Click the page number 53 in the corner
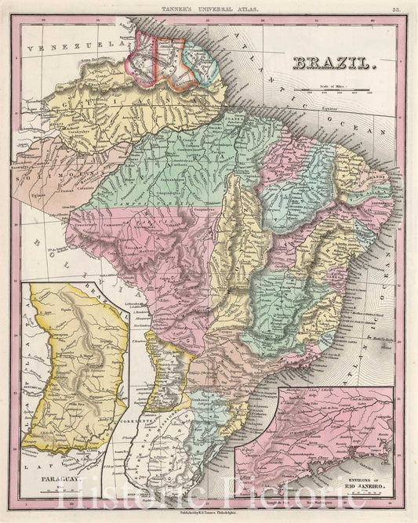click(x=398, y=8)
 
